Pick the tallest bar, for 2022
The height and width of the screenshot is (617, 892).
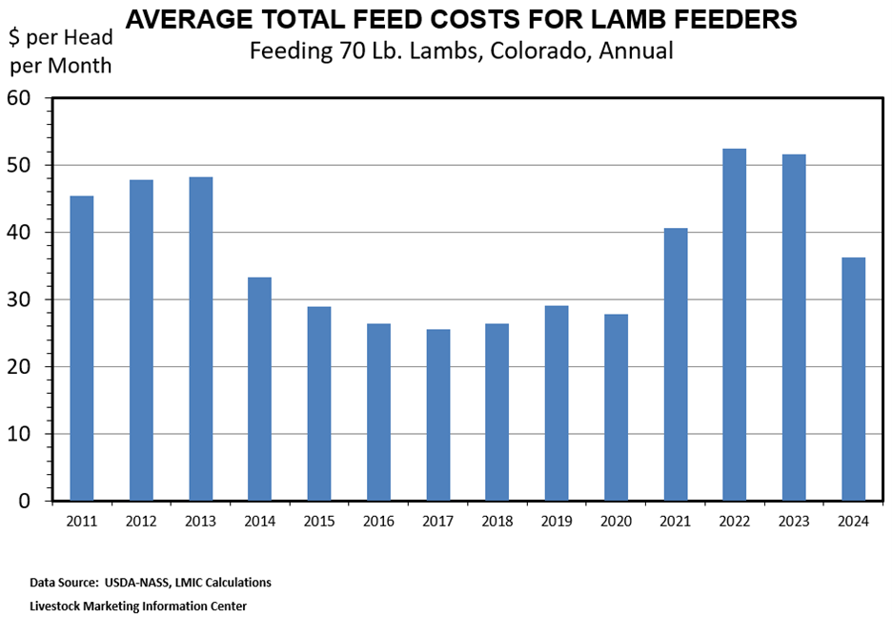click(734, 324)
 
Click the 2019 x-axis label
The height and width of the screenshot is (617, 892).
click(557, 521)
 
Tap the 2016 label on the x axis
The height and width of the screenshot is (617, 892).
click(378, 521)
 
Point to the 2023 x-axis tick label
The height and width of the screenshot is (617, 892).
click(794, 521)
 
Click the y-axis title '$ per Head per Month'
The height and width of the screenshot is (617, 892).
click(60, 51)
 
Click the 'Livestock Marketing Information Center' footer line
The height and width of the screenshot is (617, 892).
click(138, 605)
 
